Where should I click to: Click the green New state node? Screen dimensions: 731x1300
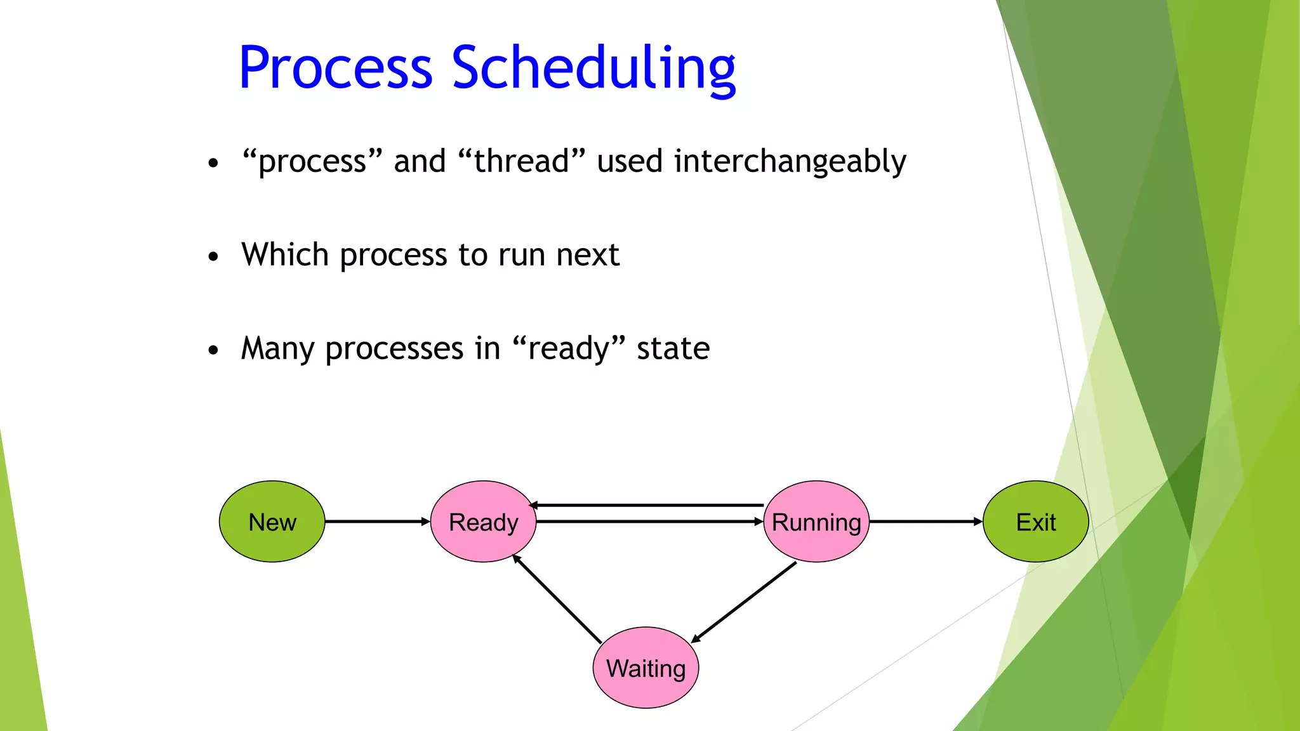click(x=272, y=522)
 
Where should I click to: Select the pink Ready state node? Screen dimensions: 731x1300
click(x=483, y=522)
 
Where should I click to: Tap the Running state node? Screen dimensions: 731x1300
click(x=816, y=522)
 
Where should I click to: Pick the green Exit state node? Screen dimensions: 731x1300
click(x=1035, y=522)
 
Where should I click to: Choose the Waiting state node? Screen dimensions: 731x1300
click(x=646, y=668)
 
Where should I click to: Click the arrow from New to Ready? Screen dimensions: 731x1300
click(x=378, y=522)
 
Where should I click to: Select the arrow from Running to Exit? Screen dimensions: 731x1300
click(x=925, y=522)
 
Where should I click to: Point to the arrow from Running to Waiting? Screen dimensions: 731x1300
click(x=744, y=602)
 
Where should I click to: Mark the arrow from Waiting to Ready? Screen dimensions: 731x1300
click(x=557, y=599)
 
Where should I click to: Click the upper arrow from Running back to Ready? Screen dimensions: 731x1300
click(x=647, y=505)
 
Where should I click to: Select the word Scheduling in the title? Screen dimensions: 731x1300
click(x=594, y=69)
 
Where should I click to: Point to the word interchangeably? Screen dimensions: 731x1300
click(x=790, y=161)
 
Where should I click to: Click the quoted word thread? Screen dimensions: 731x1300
click(x=521, y=161)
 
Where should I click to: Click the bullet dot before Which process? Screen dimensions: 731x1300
click(x=213, y=256)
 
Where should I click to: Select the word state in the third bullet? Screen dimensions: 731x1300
click(x=673, y=348)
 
